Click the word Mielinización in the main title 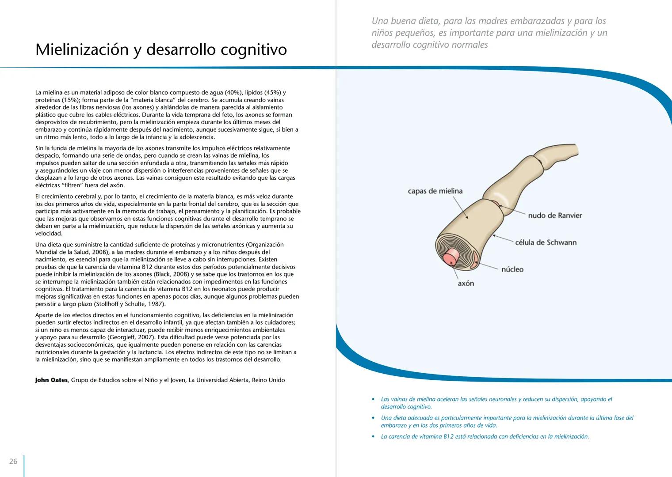click(x=82, y=49)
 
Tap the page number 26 click(x=13, y=462)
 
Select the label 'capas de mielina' click(x=435, y=191)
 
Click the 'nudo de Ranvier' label click(x=555, y=216)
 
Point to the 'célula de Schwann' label click(x=546, y=242)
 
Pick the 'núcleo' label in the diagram click(x=512, y=269)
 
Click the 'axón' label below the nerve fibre click(x=466, y=284)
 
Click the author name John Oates click(x=51, y=380)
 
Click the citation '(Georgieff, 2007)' click(x=131, y=337)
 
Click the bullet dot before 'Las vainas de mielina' click(x=373, y=400)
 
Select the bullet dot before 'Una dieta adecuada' click(x=373, y=418)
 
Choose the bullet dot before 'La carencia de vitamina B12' click(x=373, y=437)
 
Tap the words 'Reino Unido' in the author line click(x=268, y=380)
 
